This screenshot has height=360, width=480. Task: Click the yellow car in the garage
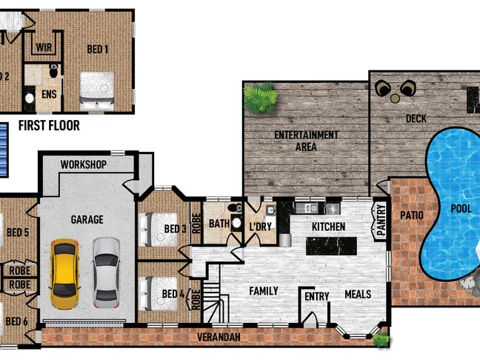64,274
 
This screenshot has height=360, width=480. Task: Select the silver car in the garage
106,273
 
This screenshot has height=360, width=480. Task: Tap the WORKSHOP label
84,164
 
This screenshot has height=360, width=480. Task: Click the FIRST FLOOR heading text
49,125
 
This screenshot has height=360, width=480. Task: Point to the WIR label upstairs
44,47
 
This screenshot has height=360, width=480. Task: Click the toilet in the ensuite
54,71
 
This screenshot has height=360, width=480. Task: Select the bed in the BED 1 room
97,91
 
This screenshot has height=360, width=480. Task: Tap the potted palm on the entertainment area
261,99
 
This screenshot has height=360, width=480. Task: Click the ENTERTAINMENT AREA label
306,141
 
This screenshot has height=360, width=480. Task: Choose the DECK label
416,119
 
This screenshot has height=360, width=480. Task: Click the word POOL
461,209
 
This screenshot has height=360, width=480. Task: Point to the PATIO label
412,216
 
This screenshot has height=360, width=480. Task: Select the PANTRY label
381,220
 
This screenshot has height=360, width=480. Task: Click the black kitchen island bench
332,246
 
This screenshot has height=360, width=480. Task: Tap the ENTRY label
317,296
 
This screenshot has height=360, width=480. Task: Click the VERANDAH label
219,337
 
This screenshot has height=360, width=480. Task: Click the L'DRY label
261,227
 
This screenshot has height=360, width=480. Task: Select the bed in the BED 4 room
159,293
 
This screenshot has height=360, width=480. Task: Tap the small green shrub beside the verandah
381,339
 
